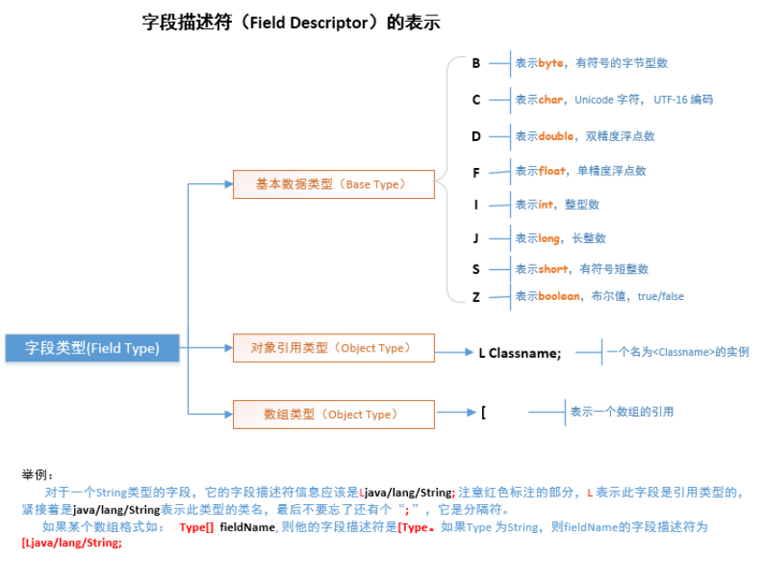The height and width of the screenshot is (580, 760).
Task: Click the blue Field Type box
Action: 91,348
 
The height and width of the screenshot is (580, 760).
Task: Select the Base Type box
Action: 333,183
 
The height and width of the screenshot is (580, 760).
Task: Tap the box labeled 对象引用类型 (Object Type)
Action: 333,348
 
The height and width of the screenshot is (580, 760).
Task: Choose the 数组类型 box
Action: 333,414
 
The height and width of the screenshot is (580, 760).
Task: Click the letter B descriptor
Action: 476,63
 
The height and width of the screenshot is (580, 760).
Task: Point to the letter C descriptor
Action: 476,99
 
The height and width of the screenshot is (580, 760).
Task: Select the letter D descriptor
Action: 476,136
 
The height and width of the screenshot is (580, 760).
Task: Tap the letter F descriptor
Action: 476,172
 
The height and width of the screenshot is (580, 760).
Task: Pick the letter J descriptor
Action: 476,239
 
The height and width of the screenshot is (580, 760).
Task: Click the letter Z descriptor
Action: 476,296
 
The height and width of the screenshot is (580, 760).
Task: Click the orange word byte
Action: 551,63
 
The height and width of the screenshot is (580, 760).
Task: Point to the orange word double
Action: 557,136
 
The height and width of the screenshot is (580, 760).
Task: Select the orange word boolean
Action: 560,296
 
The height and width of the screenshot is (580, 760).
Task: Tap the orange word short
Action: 554,269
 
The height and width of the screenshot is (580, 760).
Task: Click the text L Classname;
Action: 520,353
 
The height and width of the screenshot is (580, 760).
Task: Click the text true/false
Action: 661,296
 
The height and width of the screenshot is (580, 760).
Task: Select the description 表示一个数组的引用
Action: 622,412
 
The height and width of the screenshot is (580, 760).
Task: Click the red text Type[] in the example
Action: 196,526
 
